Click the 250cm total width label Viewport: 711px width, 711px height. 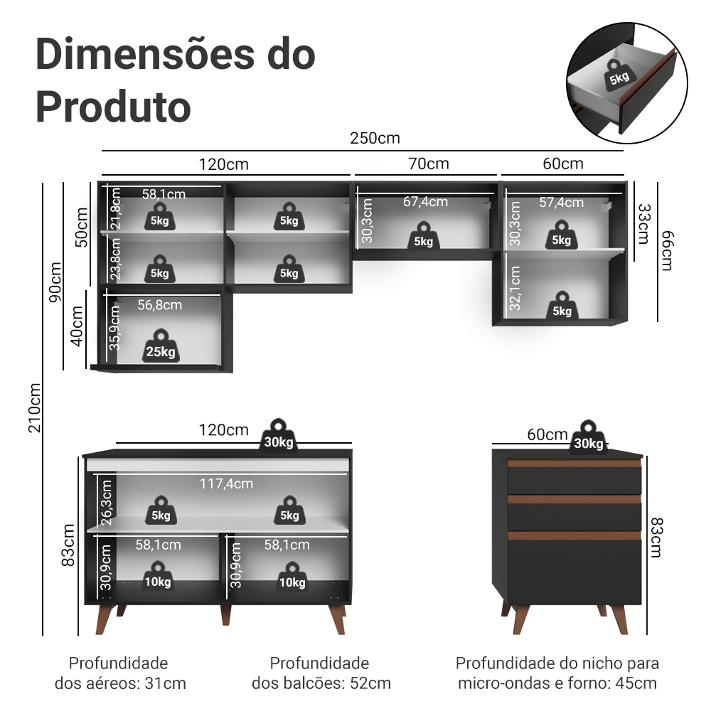(375, 138)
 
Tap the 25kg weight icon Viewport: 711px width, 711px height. (161, 346)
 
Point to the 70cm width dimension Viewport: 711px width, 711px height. (429, 164)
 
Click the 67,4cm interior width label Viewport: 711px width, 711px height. (425, 202)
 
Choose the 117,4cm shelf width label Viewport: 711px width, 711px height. (225, 483)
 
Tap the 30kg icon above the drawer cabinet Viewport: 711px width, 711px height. (588, 439)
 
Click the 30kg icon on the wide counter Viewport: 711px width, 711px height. (278, 437)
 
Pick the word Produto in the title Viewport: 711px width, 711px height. (113, 107)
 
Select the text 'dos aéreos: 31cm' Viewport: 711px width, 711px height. (120, 684)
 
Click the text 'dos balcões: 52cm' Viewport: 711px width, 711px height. (321, 684)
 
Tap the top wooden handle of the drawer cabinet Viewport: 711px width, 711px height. (574, 464)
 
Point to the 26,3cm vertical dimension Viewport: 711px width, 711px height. (107, 502)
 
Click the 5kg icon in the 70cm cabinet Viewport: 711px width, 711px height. (424, 237)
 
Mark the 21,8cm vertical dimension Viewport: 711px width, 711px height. (114, 207)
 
